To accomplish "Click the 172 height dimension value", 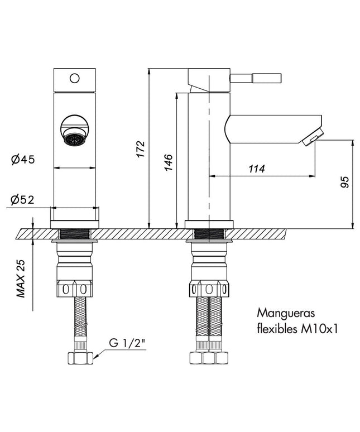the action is coord(141,149).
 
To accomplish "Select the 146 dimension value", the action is coord(169,162).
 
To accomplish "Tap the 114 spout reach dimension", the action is coord(257,169).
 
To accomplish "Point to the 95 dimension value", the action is coord(344,182).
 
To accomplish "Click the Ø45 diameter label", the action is coord(23,159).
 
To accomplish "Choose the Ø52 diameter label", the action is coord(22,199).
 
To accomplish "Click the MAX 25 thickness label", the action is coord(21,279).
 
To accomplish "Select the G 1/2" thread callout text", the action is coord(127,343).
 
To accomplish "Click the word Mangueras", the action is coord(286,314).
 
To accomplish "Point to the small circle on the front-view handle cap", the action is coord(75,78).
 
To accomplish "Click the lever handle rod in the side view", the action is coord(256,78).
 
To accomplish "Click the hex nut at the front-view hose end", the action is coord(80,358).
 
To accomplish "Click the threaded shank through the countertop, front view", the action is coord(75,234).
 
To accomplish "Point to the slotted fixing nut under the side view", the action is coord(209,289).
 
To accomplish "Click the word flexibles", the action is coord(277,328).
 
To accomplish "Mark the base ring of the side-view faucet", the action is coord(209,224).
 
